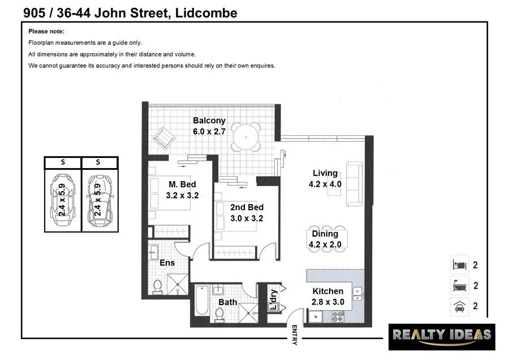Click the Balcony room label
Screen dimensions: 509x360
(x=209, y=121)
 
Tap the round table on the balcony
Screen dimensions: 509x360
(x=246, y=137)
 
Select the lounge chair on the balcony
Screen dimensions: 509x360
(x=164, y=138)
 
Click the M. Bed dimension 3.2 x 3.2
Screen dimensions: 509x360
(x=182, y=196)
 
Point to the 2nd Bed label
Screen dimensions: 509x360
(x=247, y=207)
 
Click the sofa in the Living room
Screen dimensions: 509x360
(x=354, y=184)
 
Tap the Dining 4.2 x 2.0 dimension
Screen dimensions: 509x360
(x=325, y=245)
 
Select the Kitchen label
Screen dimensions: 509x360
(x=328, y=291)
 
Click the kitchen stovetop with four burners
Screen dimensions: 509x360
(x=338, y=316)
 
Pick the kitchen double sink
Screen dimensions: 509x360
(x=357, y=294)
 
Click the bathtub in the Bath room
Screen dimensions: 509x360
(x=202, y=301)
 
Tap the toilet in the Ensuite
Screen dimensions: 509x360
(x=157, y=287)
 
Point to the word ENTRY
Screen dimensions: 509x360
(x=295, y=335)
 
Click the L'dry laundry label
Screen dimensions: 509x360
(x=274, y=299)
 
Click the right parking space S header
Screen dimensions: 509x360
(x=98, y=162)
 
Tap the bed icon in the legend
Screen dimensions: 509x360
(x=460, y=265)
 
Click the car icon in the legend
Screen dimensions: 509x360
(x=460, y=306)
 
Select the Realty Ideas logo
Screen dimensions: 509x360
(x=442, y=337)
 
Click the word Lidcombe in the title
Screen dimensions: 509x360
(x=206, y=13)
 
